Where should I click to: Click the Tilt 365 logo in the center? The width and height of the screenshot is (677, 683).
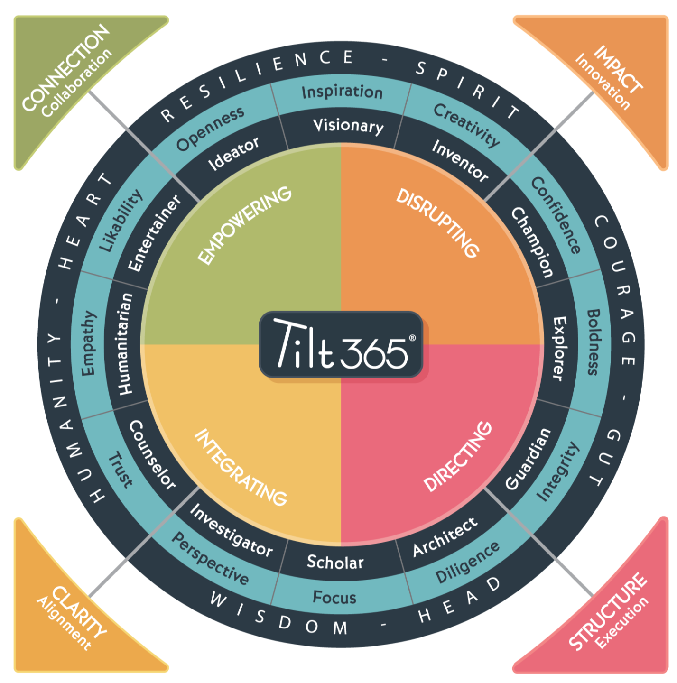click(x=341, y=345)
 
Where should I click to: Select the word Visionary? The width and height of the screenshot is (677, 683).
click(x=348, y=126)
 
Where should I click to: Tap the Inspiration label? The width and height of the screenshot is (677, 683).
click(x=342, y=92)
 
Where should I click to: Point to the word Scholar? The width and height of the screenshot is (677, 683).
click(x=335, y=562)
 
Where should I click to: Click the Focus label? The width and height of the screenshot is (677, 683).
click(x=334, y=597)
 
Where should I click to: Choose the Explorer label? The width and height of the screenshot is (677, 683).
click(x=559, y=349)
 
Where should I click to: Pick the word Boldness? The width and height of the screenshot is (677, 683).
click(x=593, y=342)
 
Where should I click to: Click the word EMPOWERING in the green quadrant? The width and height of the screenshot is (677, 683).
click(x=244, y=225)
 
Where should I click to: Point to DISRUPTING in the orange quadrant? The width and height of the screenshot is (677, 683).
click(x=437, y=223)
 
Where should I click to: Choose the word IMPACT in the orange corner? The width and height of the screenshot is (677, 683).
click(x=617, y=68)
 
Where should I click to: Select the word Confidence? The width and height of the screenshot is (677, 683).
click(x=556, y=215)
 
